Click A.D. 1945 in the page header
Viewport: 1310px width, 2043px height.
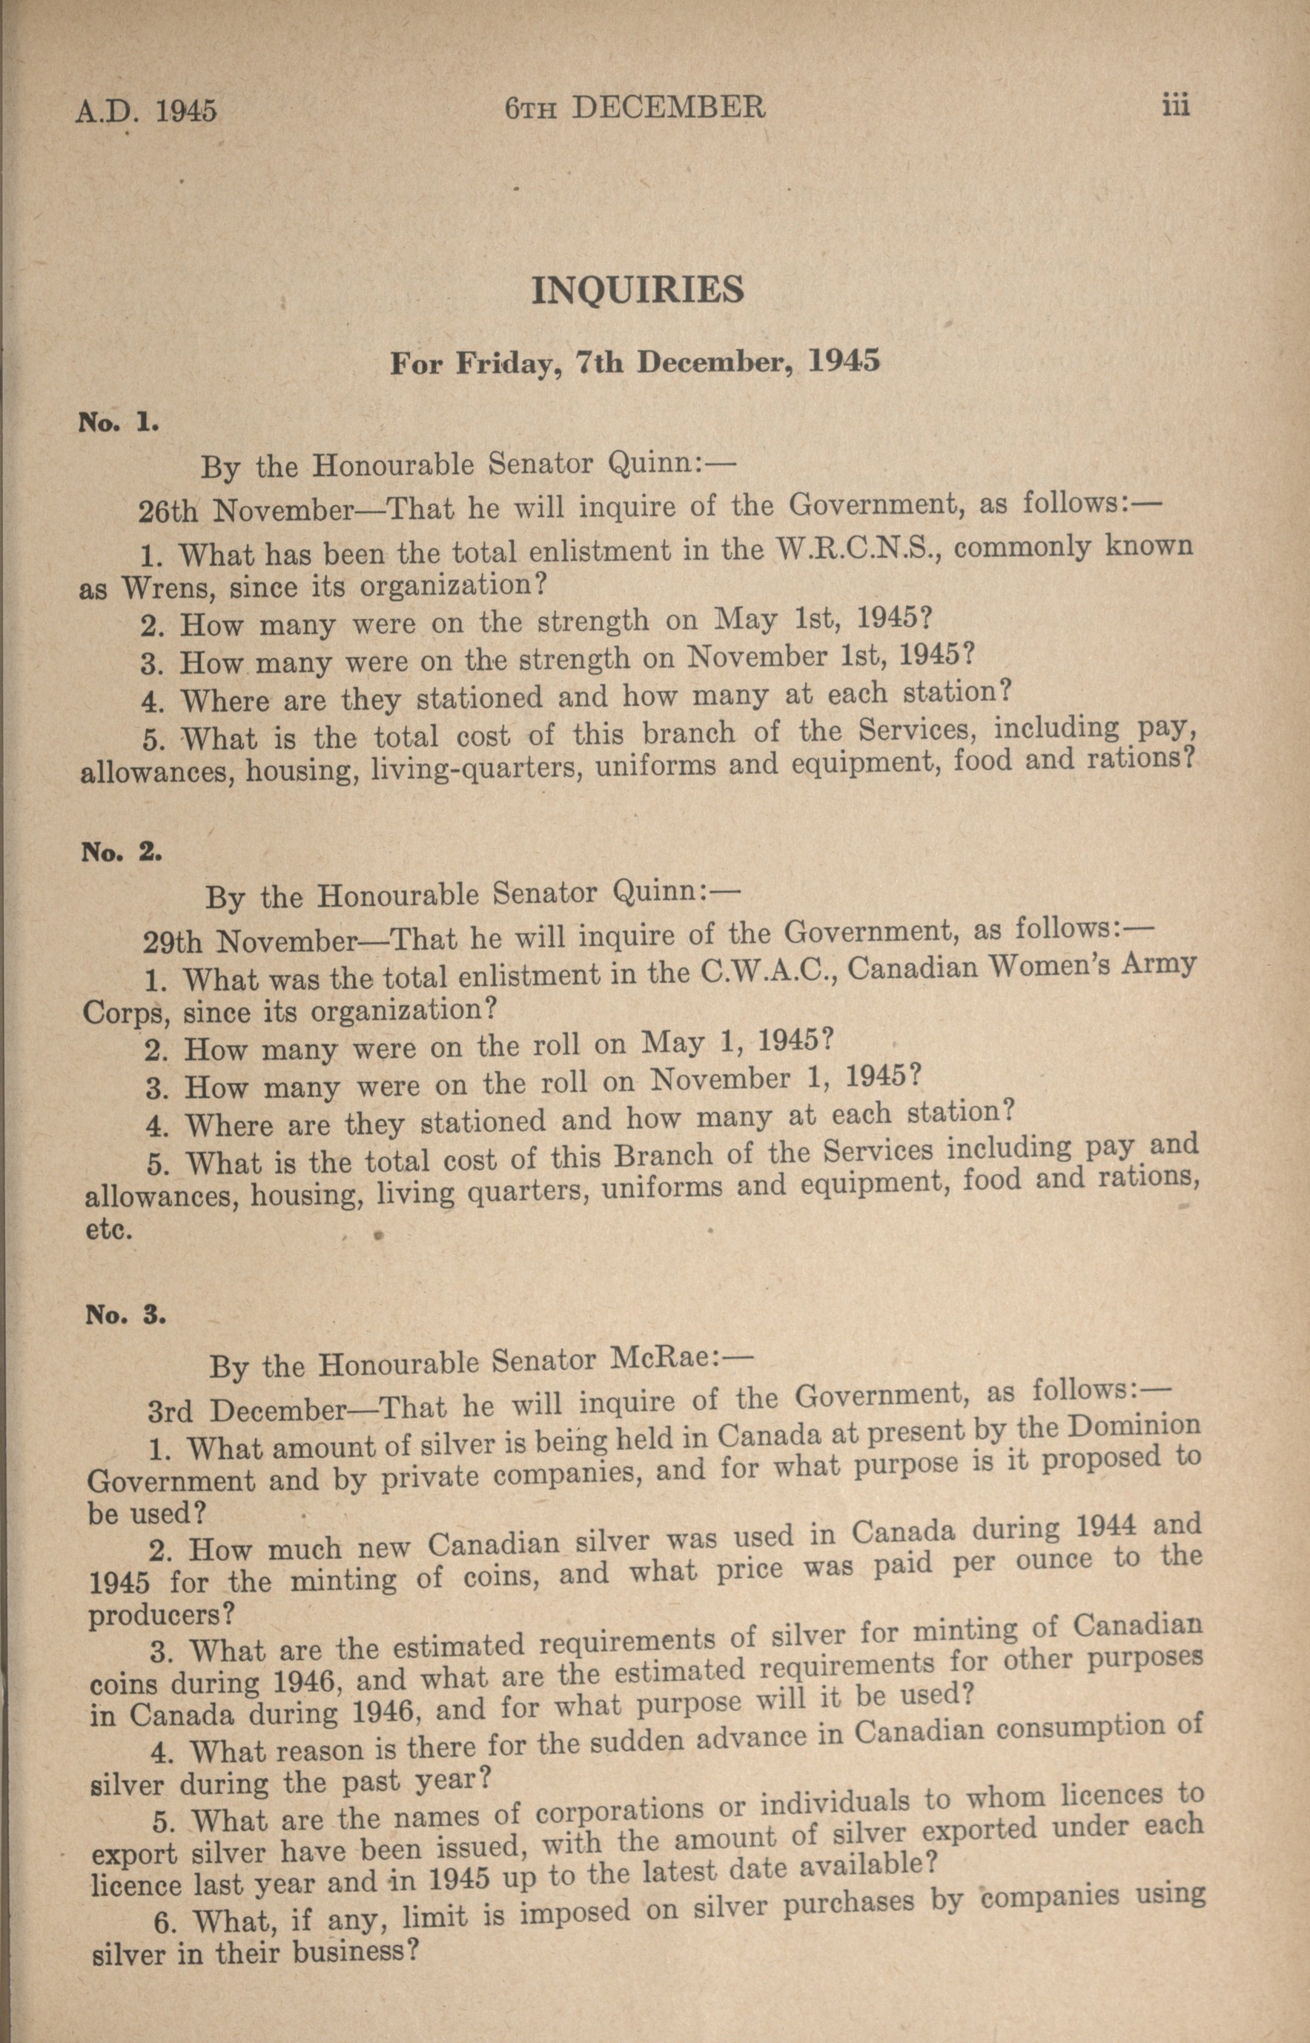tap(145, 111)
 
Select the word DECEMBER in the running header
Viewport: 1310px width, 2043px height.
tap(669, 107)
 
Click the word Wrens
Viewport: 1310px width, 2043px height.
tap(162, 588)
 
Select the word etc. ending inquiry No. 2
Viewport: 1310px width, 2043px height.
tap(108, 1231)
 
